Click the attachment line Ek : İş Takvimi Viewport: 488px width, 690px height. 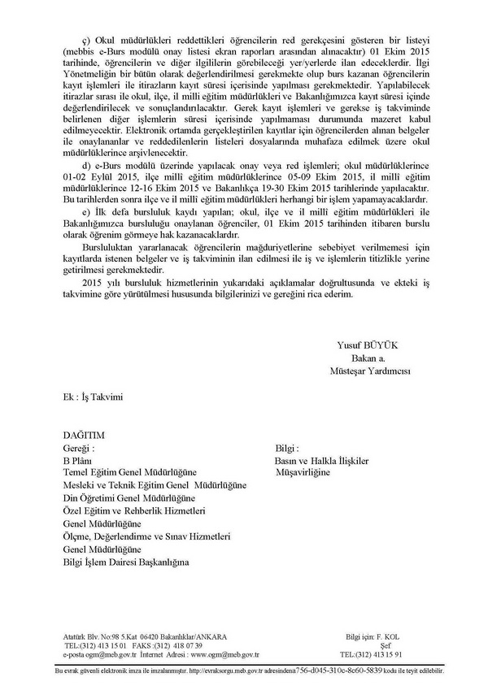(x=92, y=396)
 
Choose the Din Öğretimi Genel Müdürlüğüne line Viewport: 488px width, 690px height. (x=129, y=497)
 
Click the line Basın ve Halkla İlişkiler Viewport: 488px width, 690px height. (x=323, y=460)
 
